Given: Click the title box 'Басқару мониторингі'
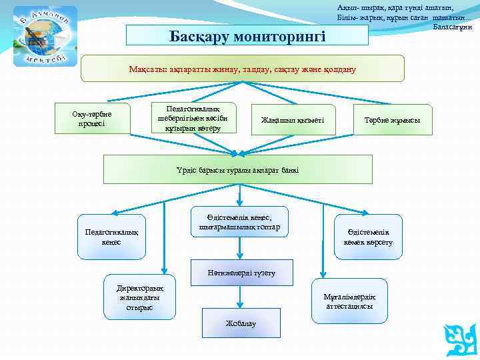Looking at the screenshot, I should coord(247,35).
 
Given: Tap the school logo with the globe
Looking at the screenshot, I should coord(45,37).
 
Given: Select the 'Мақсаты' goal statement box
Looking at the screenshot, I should coord(243,69).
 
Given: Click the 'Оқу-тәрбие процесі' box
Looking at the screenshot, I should coord(92,119).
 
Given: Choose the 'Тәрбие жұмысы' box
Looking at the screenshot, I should coord(393,120).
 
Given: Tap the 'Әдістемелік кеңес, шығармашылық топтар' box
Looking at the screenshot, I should coord(240,222).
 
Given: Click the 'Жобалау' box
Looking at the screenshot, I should coord(240,323).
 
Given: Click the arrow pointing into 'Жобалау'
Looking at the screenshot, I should coord(240,299).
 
